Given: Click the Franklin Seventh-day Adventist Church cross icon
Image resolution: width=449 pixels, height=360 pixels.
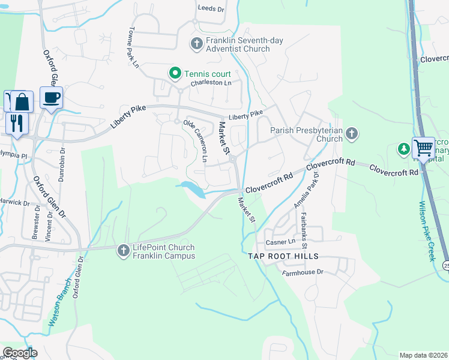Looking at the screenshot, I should tap(196, 43).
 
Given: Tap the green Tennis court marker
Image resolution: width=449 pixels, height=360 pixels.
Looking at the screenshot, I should tap(175, 73).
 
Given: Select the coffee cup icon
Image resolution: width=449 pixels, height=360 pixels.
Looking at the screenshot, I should tap(51, 97).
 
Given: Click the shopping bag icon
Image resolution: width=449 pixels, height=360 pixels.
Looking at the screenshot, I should tap(22, 101).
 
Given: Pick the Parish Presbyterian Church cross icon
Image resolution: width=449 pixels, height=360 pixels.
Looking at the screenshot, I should tap(352, 133).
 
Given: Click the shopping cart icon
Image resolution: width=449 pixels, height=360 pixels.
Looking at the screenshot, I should tap(424, 146).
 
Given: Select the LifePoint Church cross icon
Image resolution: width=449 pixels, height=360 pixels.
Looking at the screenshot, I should tap(123, 250).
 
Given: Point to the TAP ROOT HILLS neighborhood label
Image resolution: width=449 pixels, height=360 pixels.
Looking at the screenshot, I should tap(283, 256).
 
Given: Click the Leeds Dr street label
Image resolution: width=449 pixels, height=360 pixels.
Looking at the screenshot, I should tap(211, 8).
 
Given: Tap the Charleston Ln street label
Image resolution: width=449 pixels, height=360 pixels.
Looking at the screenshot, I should tap(211, 83).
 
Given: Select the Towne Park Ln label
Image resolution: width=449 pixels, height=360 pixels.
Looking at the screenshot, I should tap(133, 47).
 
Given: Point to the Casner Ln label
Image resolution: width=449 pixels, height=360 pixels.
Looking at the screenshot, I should tap(280, 242).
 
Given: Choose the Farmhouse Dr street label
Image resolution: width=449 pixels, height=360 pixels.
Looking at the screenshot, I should tap(303, 272).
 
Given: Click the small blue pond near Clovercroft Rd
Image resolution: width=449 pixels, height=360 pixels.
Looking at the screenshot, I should tap(193, 188).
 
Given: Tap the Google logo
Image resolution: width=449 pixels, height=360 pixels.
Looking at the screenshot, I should tap(19, 353).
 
